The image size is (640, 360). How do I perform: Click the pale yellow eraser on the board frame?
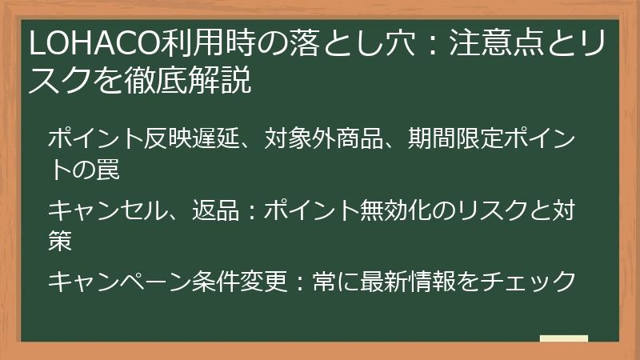(563, 339)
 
